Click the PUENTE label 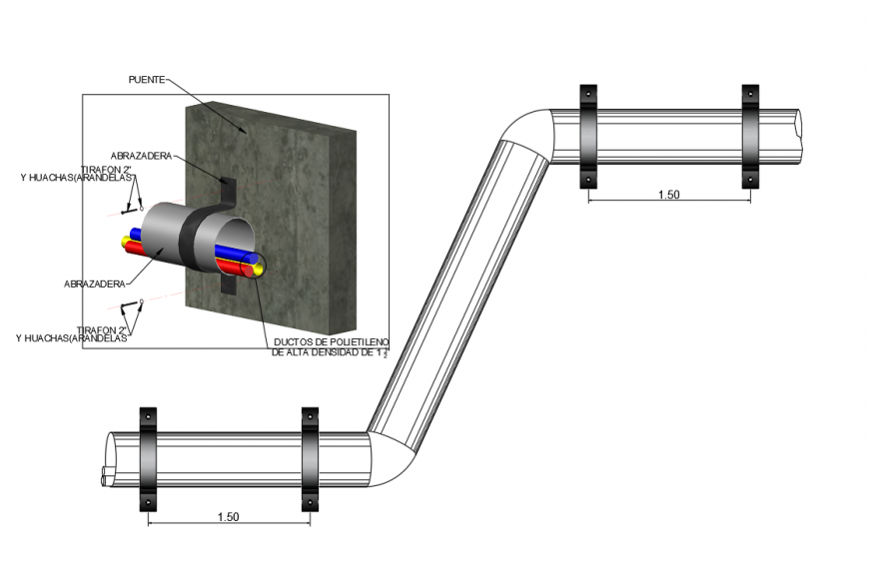147,78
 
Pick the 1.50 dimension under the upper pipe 668,195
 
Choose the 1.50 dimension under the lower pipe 228,517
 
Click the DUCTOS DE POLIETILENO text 330,343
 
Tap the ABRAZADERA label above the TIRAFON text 141,156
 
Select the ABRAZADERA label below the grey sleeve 94,283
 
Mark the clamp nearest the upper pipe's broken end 750,136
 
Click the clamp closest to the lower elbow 310,458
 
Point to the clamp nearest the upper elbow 587,136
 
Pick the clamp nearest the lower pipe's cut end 148,458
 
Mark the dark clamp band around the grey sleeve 185,240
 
